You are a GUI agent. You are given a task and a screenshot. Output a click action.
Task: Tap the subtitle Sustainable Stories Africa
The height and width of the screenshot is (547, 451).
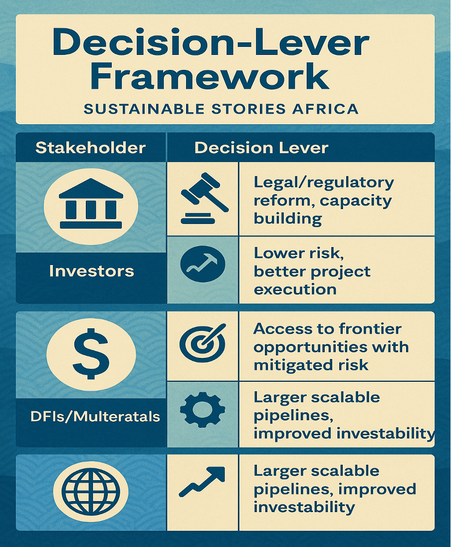point(221,109)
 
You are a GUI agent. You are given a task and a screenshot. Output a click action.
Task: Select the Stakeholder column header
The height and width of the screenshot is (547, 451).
point(91,148)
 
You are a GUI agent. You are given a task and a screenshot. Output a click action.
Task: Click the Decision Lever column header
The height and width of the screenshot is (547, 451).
point(261,148)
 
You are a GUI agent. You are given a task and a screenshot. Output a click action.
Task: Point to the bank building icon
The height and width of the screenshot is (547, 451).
point(91,206)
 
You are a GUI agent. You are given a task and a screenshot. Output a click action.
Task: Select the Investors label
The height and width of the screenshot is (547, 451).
point(91,271)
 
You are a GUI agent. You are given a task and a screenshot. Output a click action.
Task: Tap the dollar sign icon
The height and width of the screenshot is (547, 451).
point(91,354)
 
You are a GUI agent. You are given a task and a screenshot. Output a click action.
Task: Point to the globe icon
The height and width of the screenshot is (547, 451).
point(91,492)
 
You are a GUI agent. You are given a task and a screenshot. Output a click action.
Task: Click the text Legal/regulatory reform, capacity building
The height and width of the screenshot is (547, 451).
point(323,200)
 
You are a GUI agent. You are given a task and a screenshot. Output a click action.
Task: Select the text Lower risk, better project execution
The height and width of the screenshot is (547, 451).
point(312,271)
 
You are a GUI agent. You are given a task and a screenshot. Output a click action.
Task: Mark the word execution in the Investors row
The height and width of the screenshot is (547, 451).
point(295,289)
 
